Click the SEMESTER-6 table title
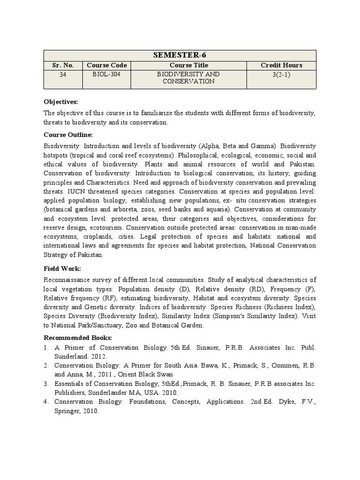pyautogui.click(x=180, y=55)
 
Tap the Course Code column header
pyautogui.click(x=106, y=65)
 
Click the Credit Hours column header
pyautogui.click(x=281, y=65)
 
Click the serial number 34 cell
pyautogui.click(x=63, y=75)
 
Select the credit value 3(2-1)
pyautogui.click(x=281, y=75)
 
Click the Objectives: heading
pyautogui.click(x=60, y=102)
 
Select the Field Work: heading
pyautogui.click(x=62, y=269)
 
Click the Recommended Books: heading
pyautogui.click(x=78, y=337)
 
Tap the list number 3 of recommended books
pyautogui.click(x=46, y=383)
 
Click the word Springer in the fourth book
pyautogui.click(x=67, y=411)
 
